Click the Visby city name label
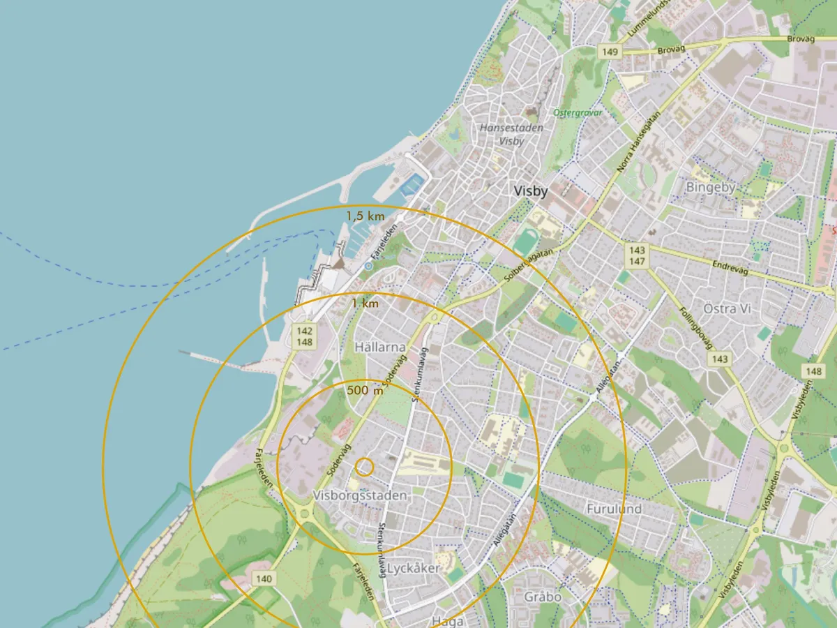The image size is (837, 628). (530, 191)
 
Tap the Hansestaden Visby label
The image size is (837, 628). (511, 134)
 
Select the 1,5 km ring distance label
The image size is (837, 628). (365, 216)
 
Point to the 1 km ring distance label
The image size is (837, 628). (365, 304)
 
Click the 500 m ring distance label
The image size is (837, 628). (365, 391)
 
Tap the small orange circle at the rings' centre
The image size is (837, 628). (364, 467)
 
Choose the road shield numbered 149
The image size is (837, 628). (609, 52)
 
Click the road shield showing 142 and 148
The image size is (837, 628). (304, 336)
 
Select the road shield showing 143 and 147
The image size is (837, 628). (637, 255)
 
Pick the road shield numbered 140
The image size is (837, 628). (264, 578)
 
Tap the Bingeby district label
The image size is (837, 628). (710, 187)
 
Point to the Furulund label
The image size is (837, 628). (614, 509)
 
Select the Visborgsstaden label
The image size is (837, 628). (360, 495)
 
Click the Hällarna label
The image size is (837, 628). (379, 347)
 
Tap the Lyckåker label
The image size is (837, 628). (414, 568)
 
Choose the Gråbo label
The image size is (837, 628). (543, 597)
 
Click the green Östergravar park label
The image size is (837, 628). (577, 112)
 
